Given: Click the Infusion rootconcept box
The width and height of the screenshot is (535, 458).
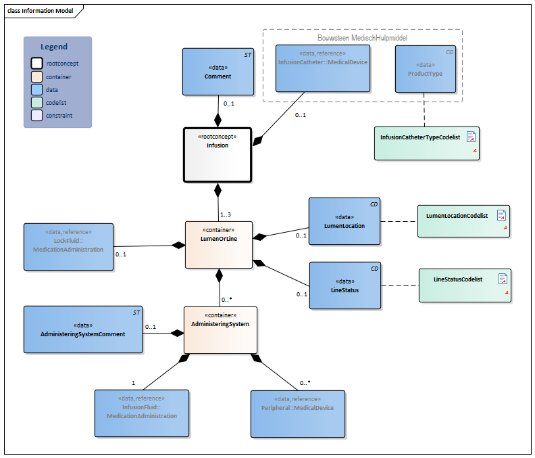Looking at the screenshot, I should (218, 155).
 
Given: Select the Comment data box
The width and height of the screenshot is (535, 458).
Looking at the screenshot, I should (218, 71).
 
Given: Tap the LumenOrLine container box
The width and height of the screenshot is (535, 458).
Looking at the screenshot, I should (218, 244).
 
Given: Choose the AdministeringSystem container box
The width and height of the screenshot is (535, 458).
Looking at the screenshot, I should (220, 329).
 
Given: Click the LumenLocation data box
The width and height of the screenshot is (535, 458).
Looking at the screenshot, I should (345, 221).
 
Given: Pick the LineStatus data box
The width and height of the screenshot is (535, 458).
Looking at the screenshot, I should (345, 285).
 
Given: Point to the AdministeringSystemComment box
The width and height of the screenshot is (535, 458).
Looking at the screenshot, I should (83, 329).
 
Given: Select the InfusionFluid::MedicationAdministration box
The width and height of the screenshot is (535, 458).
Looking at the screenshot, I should (141, 413).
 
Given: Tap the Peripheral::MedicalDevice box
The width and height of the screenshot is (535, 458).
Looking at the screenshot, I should (297, 413).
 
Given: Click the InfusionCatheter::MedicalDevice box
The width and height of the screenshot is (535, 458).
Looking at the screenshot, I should (323, 68).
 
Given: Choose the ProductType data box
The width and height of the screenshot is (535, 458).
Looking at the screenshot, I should (425, 68).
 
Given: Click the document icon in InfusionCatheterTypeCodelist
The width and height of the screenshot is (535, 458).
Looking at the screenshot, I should (472, 137).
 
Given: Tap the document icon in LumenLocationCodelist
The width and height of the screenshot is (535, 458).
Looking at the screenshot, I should (502, 215).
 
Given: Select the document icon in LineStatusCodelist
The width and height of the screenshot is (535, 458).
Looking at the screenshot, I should (503, 279).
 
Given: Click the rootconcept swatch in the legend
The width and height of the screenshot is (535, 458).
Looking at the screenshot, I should (36, 63).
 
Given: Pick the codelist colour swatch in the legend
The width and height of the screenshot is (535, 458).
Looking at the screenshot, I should (36, 102).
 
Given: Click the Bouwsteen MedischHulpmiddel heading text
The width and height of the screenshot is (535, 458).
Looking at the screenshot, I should (362, 38).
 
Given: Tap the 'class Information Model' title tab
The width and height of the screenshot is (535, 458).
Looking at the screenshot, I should (41, 11).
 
